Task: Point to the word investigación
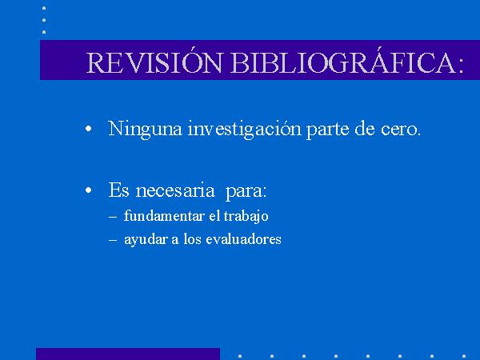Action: click(245, 129)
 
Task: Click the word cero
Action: click(401, 130)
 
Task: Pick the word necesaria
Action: click(175, 190)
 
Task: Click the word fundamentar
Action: click(164, 216)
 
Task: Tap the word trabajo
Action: click(246, 217)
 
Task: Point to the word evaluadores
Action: click(243, 238)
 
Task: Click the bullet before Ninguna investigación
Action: click(89, 129)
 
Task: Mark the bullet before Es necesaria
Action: click(89, 190)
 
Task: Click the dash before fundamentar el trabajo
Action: click(113, 217)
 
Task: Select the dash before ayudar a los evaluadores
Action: click(113, 240)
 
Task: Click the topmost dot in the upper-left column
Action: click(44, 8)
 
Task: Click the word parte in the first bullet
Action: click(327, 130)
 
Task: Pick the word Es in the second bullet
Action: click(118, 190)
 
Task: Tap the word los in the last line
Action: click(193, 238)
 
